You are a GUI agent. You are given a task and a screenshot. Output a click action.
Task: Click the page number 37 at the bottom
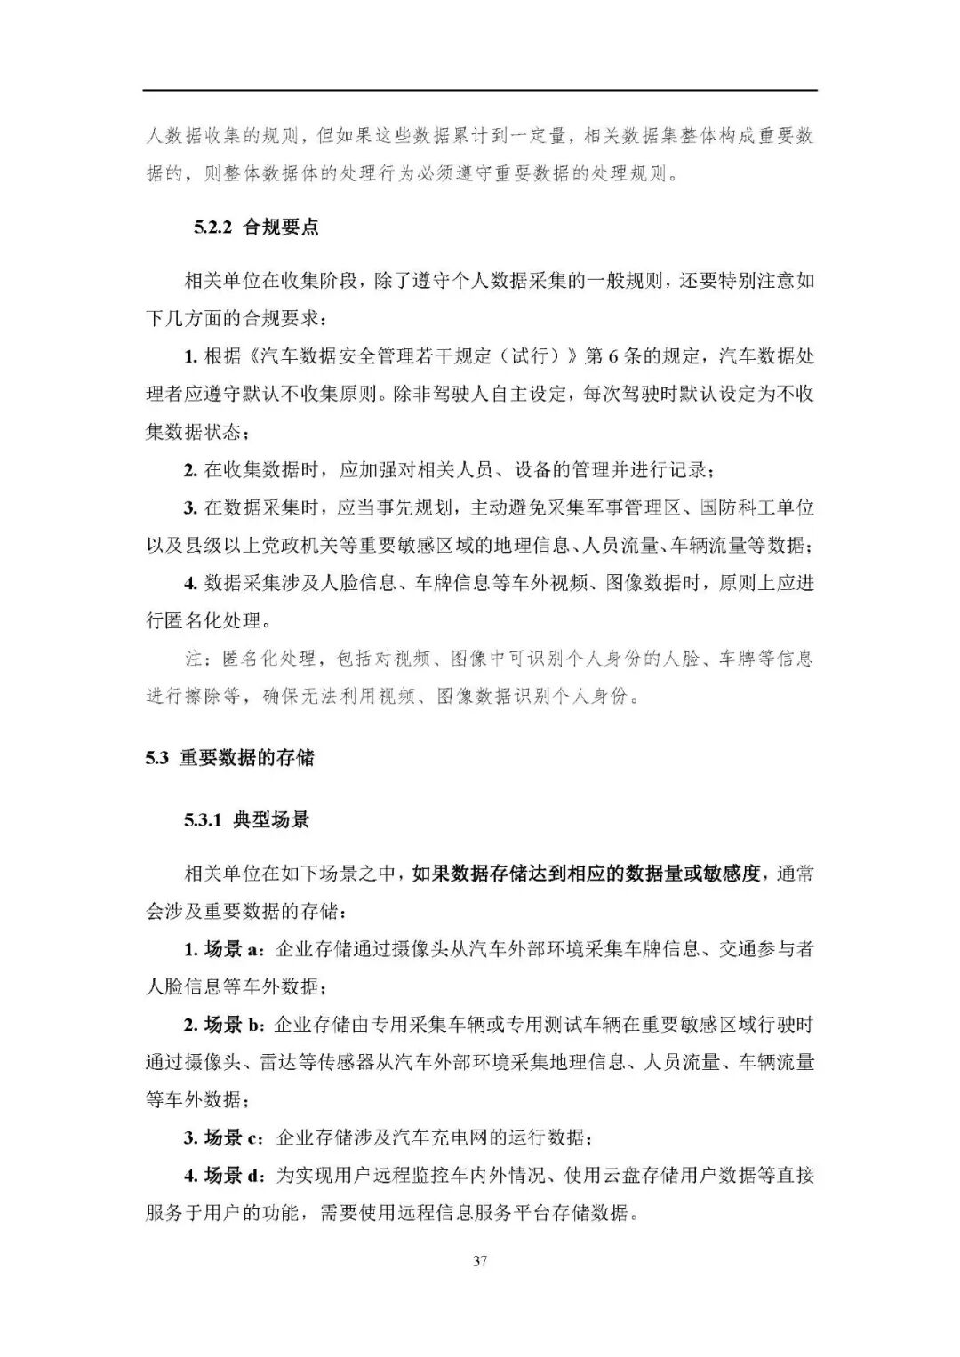(480, 1261)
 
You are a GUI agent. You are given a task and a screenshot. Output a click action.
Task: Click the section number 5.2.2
(212, 227)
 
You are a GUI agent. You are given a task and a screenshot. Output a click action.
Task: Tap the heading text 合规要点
(281, 227)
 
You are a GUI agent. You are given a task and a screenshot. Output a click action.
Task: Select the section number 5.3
(157, 758)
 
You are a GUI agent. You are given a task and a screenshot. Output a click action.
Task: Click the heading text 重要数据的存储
(247, 758)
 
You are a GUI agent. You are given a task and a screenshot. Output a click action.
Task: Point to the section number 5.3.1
(202, 819)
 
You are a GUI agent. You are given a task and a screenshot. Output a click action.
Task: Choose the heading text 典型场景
(271, 819)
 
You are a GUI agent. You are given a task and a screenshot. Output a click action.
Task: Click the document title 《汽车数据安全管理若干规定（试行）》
(414, 356)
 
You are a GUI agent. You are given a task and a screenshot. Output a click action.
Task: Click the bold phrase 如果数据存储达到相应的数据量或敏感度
(586, 874)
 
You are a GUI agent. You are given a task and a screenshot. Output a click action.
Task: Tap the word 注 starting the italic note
(193, 659)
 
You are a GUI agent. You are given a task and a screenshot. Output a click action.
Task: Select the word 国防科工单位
(757, 507)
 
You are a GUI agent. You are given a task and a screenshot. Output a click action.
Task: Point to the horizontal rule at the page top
(480, 90)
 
